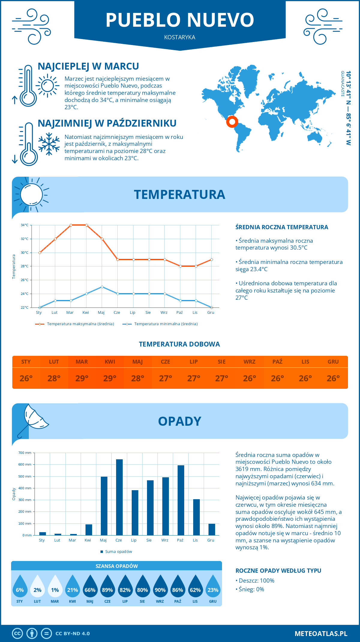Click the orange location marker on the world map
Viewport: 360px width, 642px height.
click(232, 121)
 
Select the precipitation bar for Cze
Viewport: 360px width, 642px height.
click(119, 497)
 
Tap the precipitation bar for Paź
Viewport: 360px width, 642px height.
click(181, 500)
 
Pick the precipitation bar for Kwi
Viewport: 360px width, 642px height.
click(89, 530)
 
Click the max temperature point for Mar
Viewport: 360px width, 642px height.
click(71, 225)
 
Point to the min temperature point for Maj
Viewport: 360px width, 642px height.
click(102, 287)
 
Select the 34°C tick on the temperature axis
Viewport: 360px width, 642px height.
click(25, 225)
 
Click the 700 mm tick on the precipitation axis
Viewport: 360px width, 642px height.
click(25, 453)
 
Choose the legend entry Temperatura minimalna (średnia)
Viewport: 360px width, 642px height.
click(166, 324)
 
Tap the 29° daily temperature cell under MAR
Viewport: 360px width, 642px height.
click(82, 378)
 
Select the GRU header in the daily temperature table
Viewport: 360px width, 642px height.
click(333, 362)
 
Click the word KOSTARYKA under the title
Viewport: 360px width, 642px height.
click(180, 37)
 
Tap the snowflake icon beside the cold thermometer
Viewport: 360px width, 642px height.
click(49, 144)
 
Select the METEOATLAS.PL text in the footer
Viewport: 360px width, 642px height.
click(321, 634)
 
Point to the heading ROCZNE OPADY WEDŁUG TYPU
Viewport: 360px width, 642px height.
click(278, 571)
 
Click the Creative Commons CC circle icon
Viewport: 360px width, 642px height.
click(17, 634)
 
